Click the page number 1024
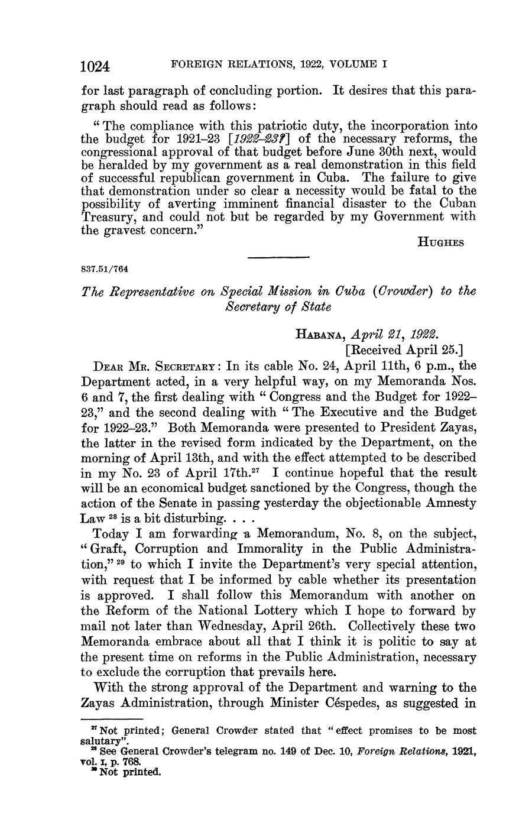coord(96,66)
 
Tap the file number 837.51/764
coord(104,270)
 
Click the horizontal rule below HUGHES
coord(278,256)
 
